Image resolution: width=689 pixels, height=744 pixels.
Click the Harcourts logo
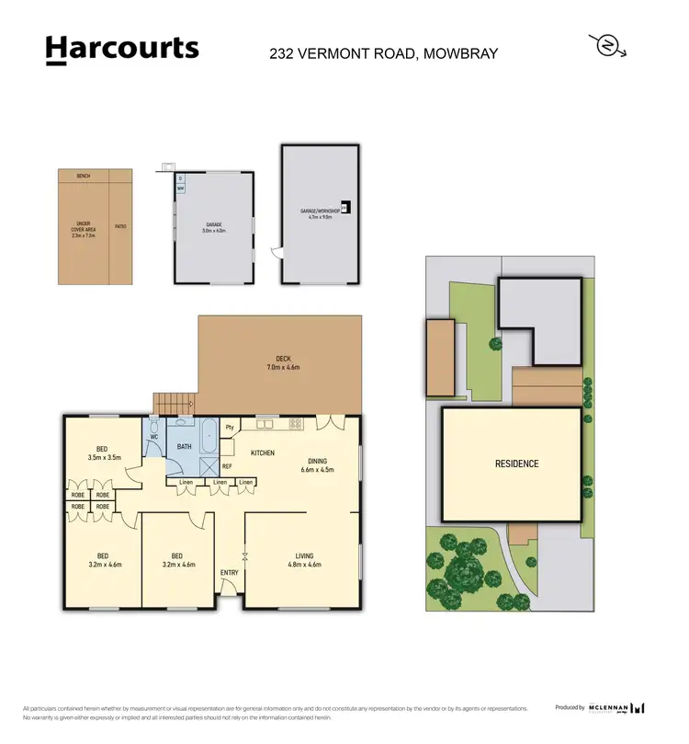click(121, 50)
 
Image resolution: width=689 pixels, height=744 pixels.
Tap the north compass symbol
click(607, 45)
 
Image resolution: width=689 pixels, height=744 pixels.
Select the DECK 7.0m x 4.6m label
click(283, 363)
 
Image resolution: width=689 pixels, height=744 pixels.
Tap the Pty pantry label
click(231, 428)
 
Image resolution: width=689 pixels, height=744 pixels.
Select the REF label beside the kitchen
click(226, 466)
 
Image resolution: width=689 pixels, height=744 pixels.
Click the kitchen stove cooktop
click(296, 424)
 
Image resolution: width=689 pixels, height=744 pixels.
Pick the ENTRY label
click(230, 574)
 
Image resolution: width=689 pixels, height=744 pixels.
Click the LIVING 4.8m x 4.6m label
click(303, 560)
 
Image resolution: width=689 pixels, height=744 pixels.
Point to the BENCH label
click(84, 175)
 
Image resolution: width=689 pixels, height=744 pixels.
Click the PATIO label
click(120, 225)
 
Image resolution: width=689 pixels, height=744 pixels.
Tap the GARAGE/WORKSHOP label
click(320, 212)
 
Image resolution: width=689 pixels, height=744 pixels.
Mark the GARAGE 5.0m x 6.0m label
click(214, 227)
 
